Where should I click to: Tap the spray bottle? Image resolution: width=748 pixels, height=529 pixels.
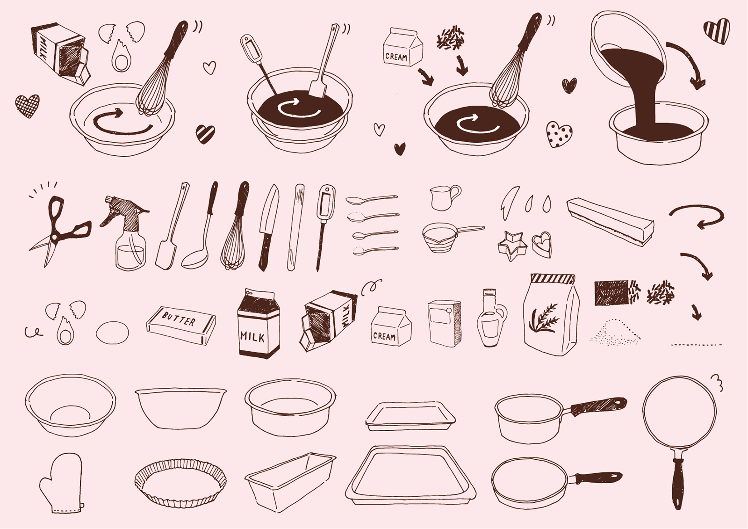click(x=129, y=234)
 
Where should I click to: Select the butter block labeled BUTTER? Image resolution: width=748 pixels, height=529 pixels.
click(x=181, y=325)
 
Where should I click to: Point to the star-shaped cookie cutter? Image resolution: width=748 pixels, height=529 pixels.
click(x=512, y=246)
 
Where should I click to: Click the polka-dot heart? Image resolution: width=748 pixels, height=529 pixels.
click(x=559, y=134)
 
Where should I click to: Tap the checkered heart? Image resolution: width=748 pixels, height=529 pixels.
click(x=28, y=106)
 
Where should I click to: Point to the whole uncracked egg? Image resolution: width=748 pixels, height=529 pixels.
click(x=112, y=333)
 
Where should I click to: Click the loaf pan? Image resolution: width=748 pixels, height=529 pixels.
click(x=290, y=481)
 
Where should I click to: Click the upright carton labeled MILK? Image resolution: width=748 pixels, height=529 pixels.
click(x=259, y=324)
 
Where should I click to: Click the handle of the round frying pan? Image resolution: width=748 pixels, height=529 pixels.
click(x=677, y=480)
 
